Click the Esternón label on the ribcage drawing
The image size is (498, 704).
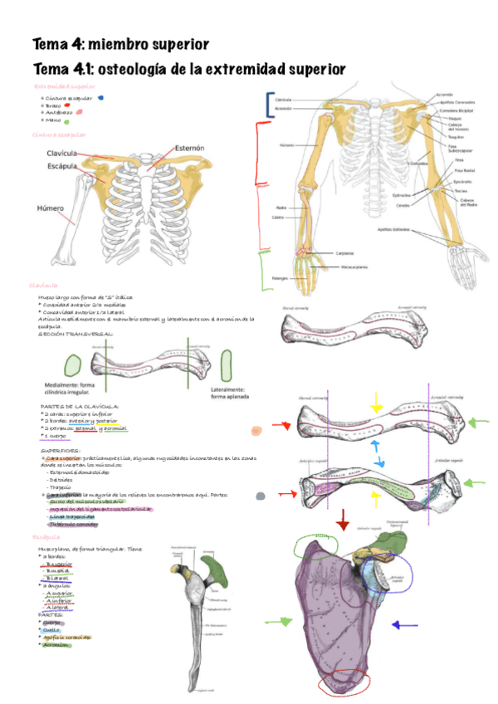click(189, 148)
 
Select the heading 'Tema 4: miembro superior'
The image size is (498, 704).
click(120, 43)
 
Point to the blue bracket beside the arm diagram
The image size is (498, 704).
click(268, 105)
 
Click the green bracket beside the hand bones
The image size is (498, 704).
click(264, 269)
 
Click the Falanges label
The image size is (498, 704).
click(279, 278)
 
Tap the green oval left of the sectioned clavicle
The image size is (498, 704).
click(73, 366)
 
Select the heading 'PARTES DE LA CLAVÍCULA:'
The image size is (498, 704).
click(84, 406)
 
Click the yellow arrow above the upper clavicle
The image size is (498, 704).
click(377, 404)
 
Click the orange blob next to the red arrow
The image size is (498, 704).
click(256, 430)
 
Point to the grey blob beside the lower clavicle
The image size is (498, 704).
click(261, 496)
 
